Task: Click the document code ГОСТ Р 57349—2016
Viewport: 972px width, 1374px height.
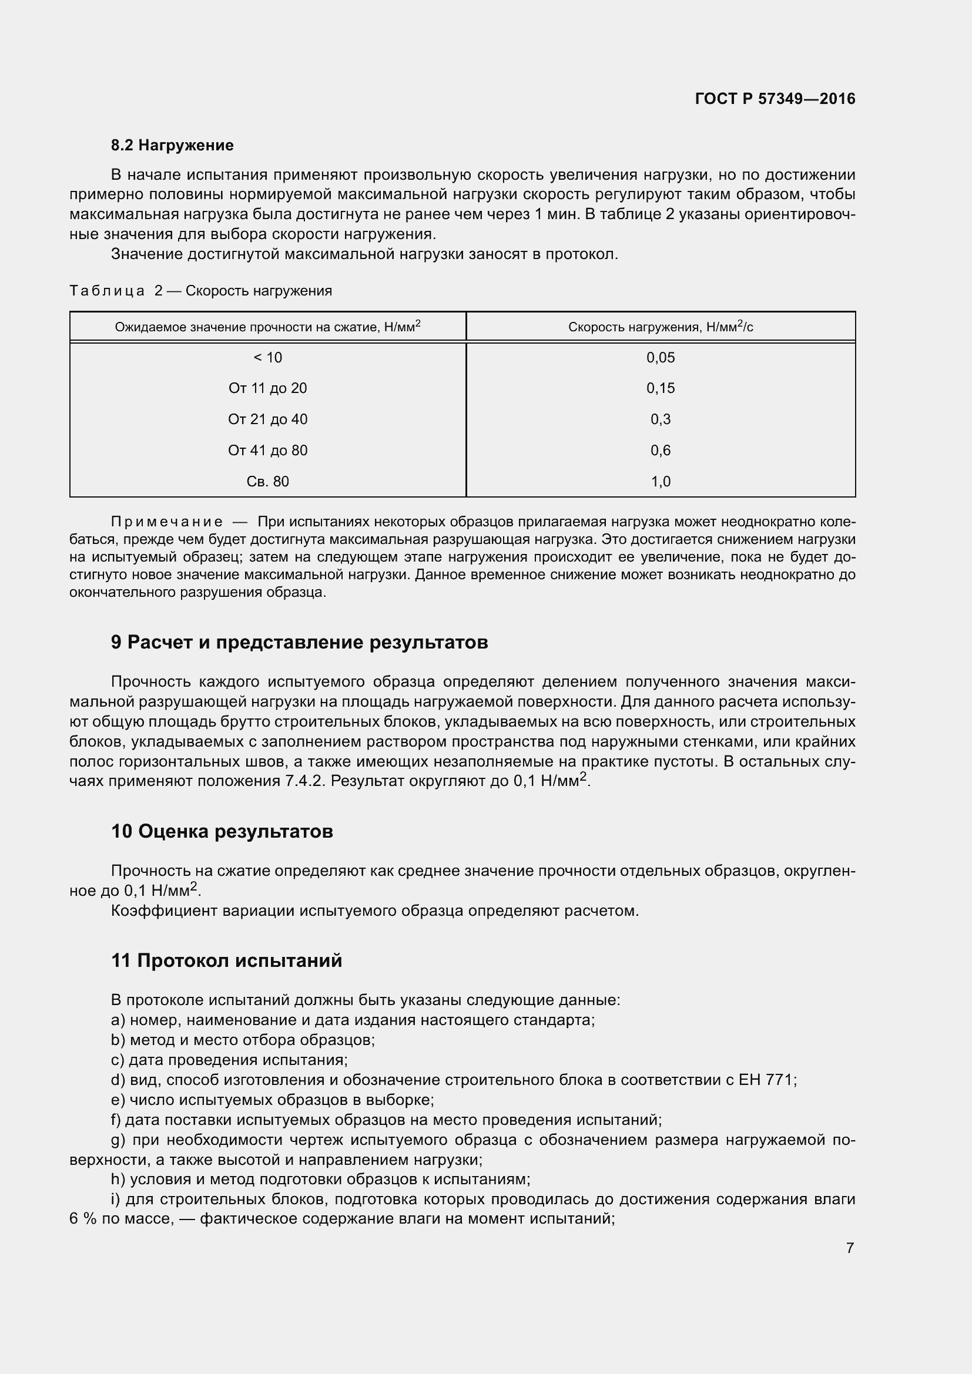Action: [x=775, y=99]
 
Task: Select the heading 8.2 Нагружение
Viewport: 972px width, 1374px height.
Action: [x=172, y=146]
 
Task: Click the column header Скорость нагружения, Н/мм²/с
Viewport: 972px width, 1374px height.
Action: [x=660, y=327]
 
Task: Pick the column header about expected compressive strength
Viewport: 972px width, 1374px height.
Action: [x=267, y=327]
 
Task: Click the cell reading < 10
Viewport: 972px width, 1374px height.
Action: [x=267, y=358]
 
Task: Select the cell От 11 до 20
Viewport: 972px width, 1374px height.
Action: [x=267, y=388]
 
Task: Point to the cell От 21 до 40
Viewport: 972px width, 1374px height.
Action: [x=267, y=419]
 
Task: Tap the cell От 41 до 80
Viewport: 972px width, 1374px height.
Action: [x=267, y=451]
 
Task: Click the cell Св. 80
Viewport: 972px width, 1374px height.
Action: [x=267, y=482]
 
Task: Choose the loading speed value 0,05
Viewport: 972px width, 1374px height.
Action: [x=660, y=358]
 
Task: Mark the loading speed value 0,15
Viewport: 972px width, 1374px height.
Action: [x=660, y=388]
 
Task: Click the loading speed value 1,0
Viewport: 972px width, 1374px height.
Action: [x=660, y=482]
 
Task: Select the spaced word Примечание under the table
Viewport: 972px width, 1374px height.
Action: [x=167, y=522]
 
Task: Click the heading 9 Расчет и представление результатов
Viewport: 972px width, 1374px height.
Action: [x=299, y=643]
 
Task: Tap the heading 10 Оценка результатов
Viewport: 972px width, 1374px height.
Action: [x=222, y=832]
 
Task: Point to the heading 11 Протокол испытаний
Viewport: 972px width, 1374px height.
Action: [x=227, y=961]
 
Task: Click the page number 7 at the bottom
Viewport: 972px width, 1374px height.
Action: [x=850, y=1248]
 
